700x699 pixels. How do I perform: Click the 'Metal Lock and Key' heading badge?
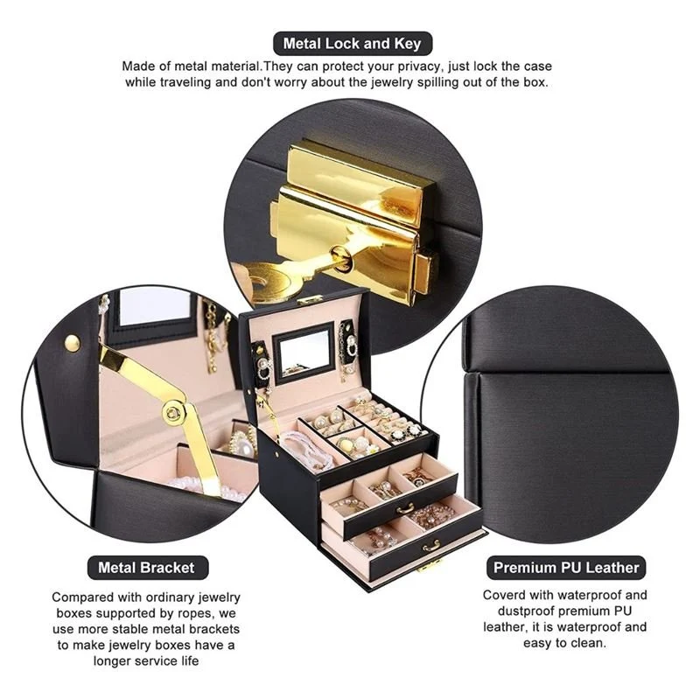(x=353, y=43)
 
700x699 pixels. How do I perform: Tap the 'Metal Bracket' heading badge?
(x=147, y=567)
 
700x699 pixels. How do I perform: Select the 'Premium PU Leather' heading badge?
(x=566, y=567)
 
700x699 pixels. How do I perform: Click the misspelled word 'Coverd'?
(x=504, y=595)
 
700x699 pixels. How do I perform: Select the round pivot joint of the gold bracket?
(x=172, y=411)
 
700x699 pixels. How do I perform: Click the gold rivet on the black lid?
(x=73, y=343)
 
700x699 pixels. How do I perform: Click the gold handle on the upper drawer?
(x=405, y=508)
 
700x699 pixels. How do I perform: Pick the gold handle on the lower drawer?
(x=431, y=545)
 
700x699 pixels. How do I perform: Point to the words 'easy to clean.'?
(x=564, y=643)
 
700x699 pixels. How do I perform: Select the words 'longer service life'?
(x=146, y=661)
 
